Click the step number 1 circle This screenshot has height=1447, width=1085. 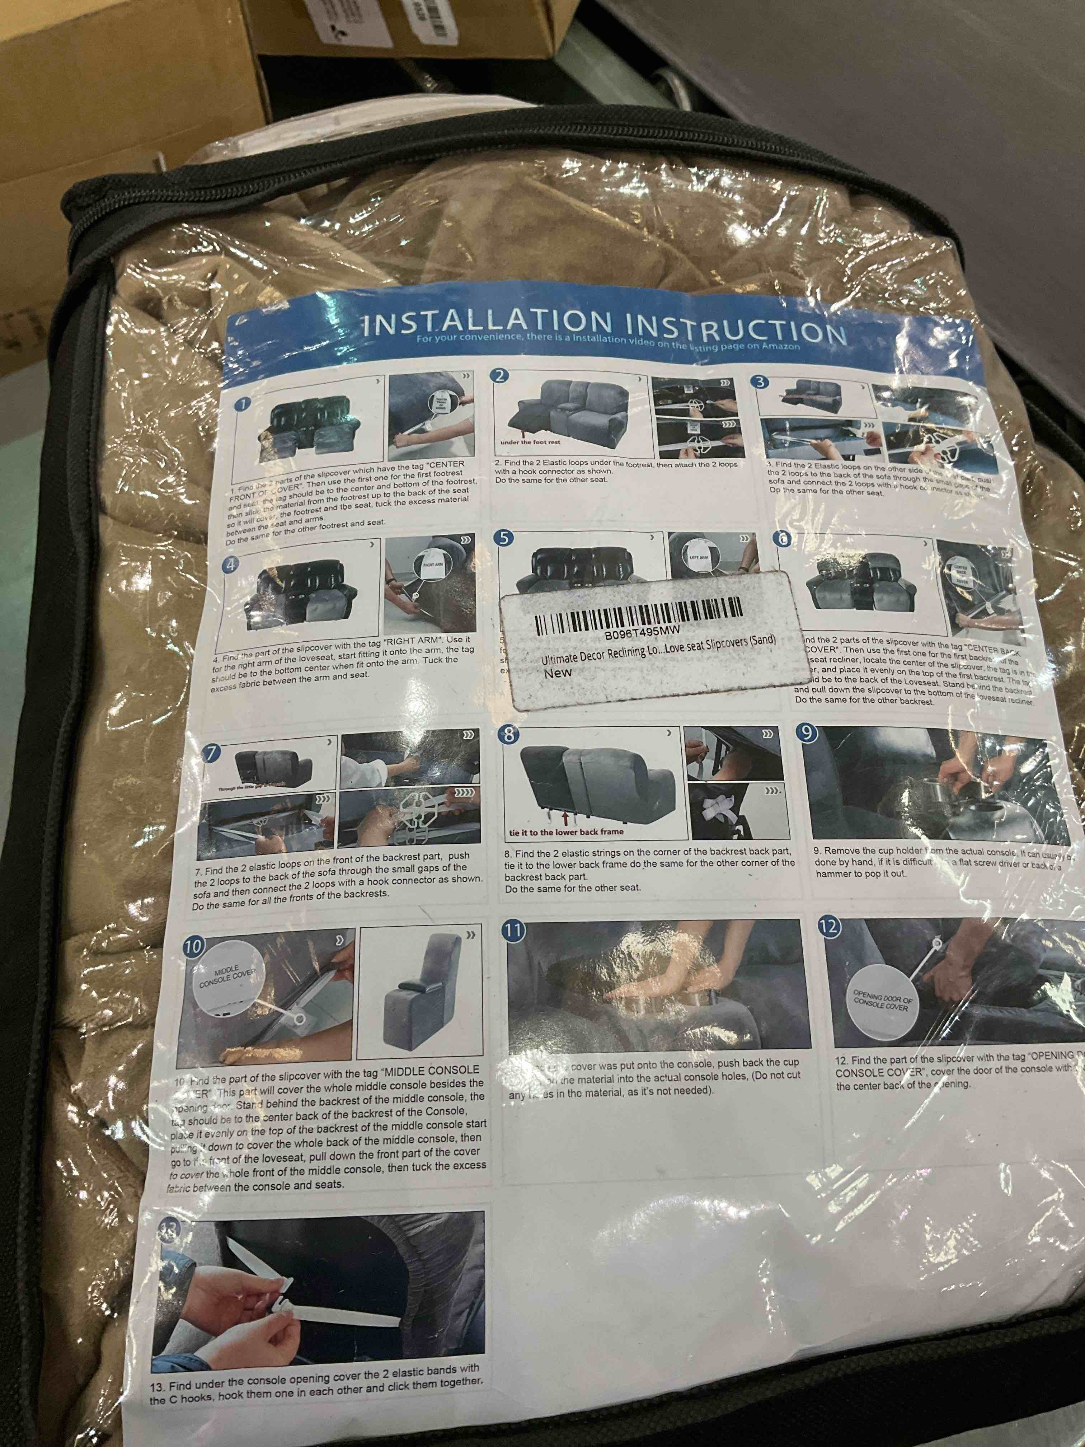[x=243, y=404]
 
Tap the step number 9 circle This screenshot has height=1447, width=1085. [x=808, y=734]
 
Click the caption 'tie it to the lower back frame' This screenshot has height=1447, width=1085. [x=567, y=832]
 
